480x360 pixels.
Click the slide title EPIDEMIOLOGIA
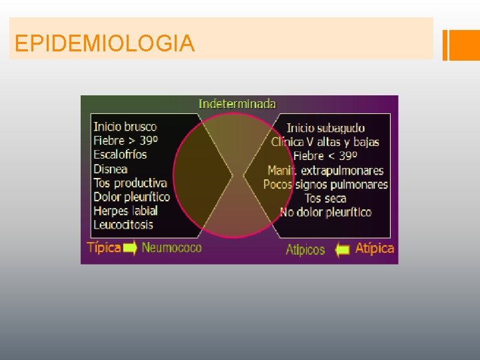pos(105,44)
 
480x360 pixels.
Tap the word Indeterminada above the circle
pos(237,103)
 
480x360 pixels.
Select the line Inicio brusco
pos(125,126)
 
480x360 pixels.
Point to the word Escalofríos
pos(120,155)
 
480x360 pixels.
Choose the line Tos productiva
pos(130,183)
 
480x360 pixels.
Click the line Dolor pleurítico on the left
pos(131,197)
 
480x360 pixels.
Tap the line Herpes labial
pos(125,211)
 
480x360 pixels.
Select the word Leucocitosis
pos(123,225)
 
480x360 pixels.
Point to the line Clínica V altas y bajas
pos(325,141)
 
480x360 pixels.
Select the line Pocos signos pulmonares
pos(325,185)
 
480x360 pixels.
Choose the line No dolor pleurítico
pos(326,213)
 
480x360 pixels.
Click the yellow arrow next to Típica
pos(131,249)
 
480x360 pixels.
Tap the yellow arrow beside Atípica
pos(343,250)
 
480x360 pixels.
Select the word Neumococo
pos(171,248)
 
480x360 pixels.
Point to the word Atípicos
pos(305,250)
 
